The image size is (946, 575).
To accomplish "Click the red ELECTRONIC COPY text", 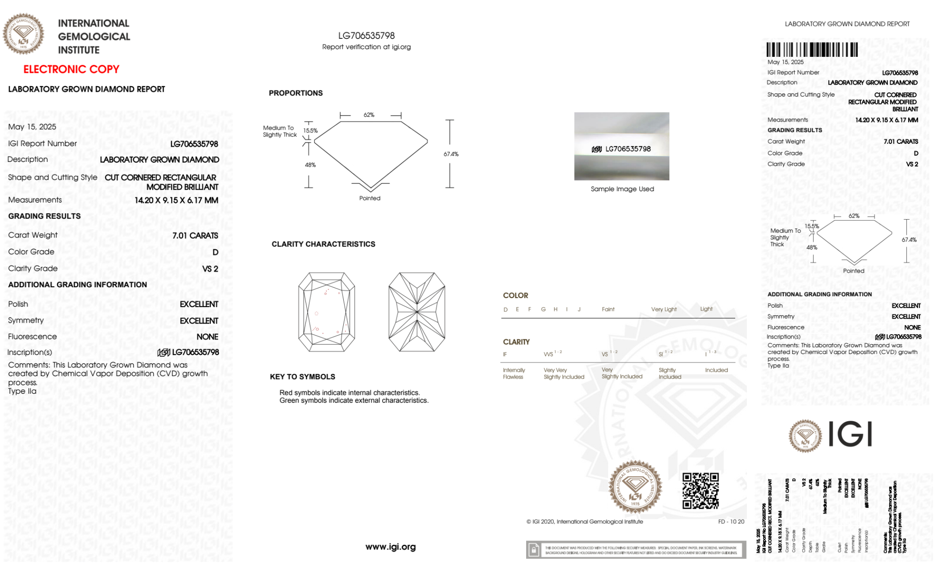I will pyautogui.click(x=71, y=69).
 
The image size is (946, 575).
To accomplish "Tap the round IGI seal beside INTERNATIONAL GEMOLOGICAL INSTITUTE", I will pyautogui.click(x=24, y=34).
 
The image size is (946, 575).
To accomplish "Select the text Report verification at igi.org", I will pyautogui.click(x=366, y=47).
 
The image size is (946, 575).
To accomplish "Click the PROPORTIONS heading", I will pyautogui.click(x=295, y=93).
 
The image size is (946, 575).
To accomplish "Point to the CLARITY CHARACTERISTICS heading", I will pyautogui.click(x=323, y=244).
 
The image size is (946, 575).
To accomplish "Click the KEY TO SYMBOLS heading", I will pyautogui.click(x=303, y=377).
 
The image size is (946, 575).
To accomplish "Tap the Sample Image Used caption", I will pyautogui.click(x=622, y=189).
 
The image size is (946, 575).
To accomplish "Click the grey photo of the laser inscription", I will pyautogui.click(x=622, y=146).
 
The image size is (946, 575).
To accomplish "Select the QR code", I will pyautogui.click(x=700, y=491).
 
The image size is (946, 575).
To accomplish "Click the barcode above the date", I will pyautogui.click(x=812, y=50).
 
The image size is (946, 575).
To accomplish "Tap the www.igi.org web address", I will pyautogui.click(x=391, y=547).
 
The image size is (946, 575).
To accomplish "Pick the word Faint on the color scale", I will pyautogui.click(x=608, y=310).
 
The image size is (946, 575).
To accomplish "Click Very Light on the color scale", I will pyautogui.click(x=664, y=310).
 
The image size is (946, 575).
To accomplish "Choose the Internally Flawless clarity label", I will pyautogui.click(x=514, y=373).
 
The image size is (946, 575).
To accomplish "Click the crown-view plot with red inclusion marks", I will pyautogui.click(x=327, y=312).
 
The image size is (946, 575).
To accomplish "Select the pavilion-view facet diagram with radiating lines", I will pyautogui.click(x=417, y=312).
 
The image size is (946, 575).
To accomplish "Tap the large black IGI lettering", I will pyautogui.click(x=850, y=434).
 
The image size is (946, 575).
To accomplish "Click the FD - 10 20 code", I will pyautogui.click(x=731, y=522).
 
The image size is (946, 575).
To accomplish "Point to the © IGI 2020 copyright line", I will pyautogui.click(x=585, y=522).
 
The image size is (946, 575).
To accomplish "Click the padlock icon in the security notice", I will pyautogui.click(x=534, y=550).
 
